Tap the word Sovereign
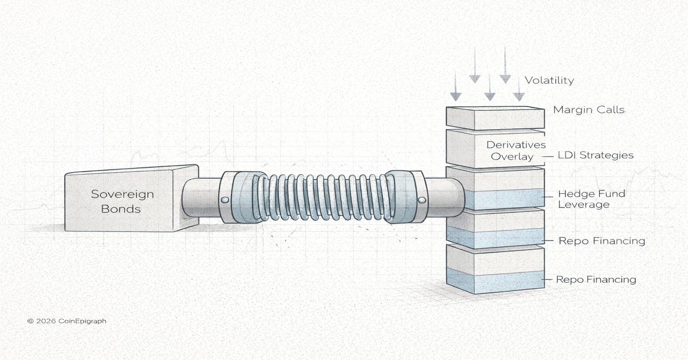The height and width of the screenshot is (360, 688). pyautogui.click(x=122, y=194)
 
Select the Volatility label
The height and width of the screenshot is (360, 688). pyautogui.click(x=549, y=81)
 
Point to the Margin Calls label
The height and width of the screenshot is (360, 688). pyautogui.click(x=589, y=110)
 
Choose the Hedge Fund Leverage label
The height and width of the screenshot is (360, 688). pyautogui.click(x=591, y=199)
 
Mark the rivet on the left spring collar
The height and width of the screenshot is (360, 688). pyautogui.click(x=225, y=200)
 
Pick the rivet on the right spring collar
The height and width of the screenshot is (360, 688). pyautogui.click(x=422, y=200)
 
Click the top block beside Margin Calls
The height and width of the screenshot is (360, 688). pyautogui.click(x=494, y=118)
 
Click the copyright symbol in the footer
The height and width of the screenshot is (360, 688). pyautogui.click(x=30, y=321)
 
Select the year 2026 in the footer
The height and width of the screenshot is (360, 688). pyautogui.click(x=47, y=321)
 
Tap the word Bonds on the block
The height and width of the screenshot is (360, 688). pyautogui.click(x=122, y=209)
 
